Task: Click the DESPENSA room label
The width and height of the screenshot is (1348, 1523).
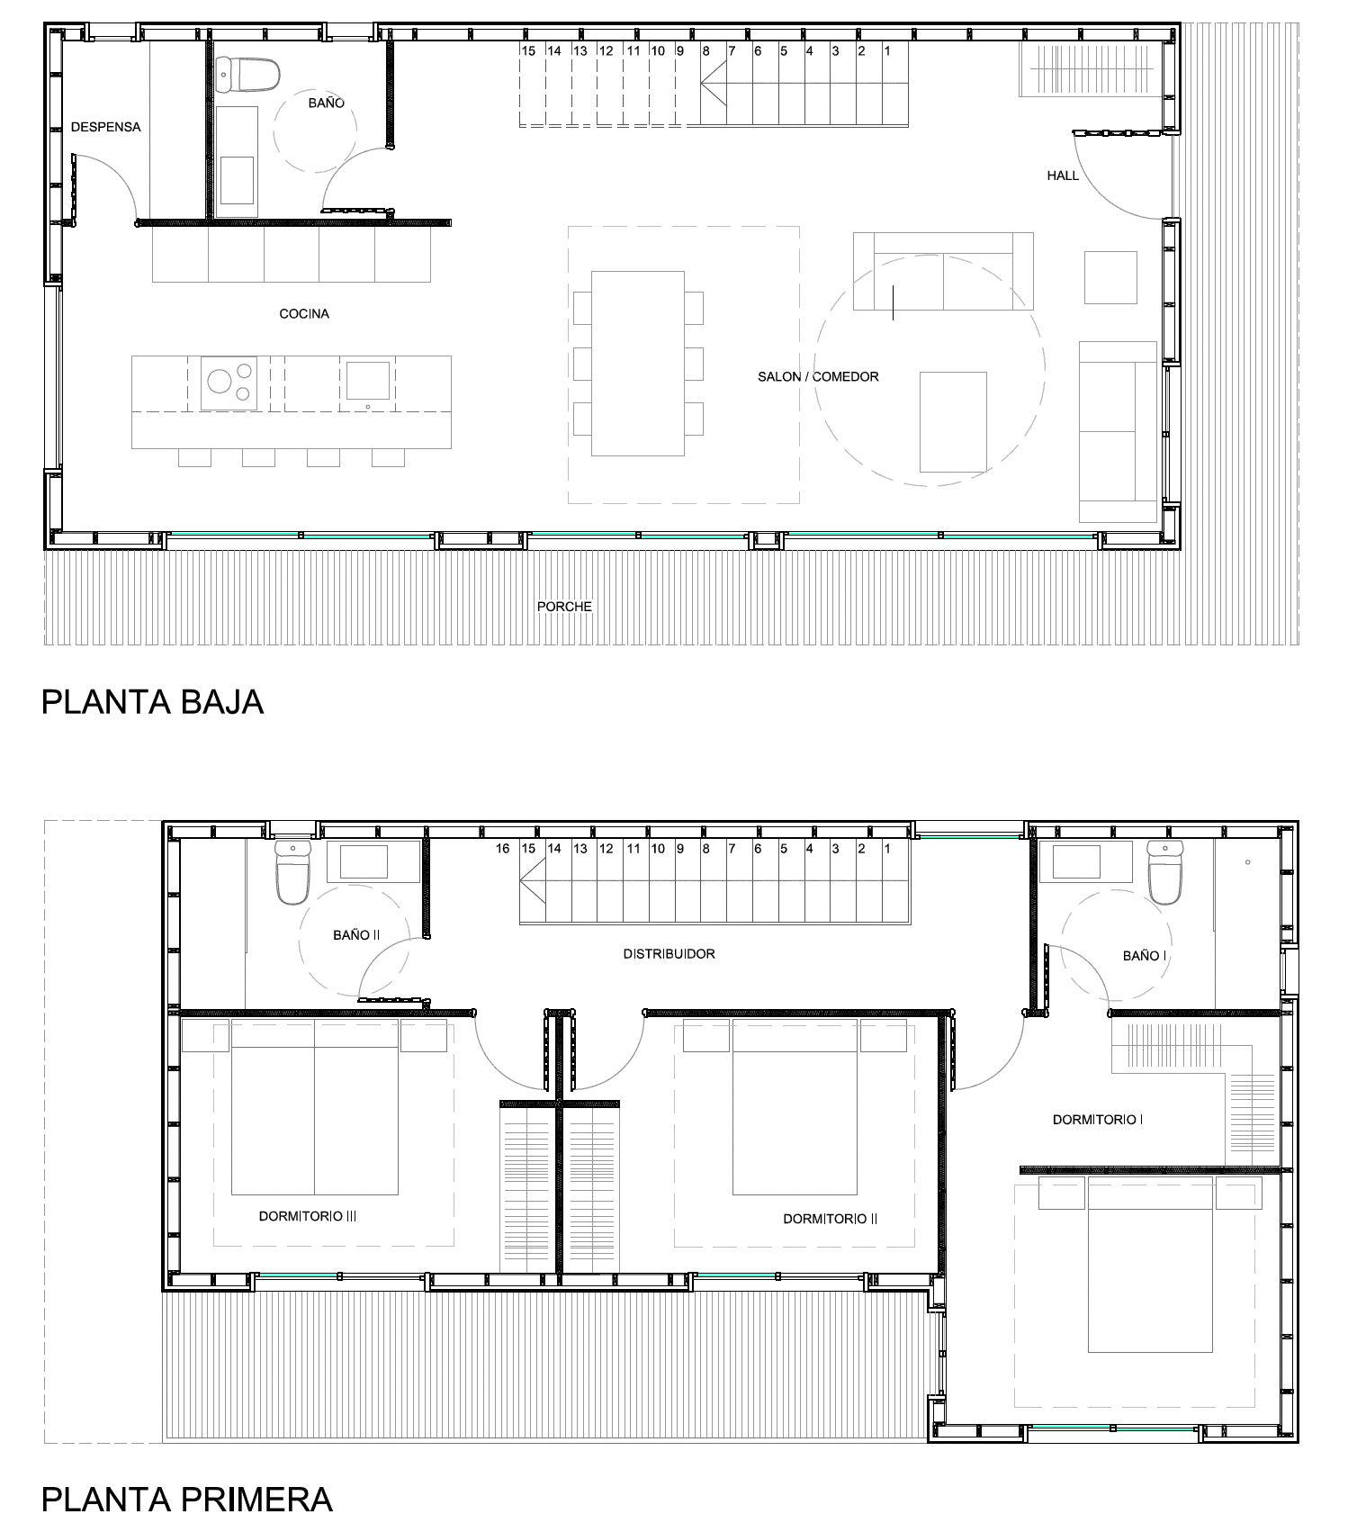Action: [105, 127]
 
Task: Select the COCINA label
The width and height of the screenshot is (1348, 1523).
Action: [304, 314]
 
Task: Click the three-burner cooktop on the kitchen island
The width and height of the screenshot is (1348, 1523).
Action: [229, 383]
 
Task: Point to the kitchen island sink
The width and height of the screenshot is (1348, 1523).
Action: [368, 381]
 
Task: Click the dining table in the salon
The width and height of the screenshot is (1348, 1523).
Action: [638, 363]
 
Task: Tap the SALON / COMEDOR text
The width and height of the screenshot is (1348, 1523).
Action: [817, 377]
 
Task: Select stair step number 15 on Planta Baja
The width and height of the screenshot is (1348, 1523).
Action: [528, 51]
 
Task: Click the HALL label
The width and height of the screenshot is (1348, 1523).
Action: [1062, 176]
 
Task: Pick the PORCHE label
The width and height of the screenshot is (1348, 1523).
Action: [564, 607]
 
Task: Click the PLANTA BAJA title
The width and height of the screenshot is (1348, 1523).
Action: [152, 702]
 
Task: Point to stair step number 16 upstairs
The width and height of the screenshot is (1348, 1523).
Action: [503, 849]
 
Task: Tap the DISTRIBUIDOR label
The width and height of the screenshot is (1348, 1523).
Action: [669, 954]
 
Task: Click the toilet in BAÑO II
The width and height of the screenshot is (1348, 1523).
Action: [292, 874]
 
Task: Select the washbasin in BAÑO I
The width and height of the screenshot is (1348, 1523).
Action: [1075, 861]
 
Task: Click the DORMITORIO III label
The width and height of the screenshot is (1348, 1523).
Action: [308, 1216]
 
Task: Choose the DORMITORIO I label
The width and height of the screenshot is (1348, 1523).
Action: [1097, 1120]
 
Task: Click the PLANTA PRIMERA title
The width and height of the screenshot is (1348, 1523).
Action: [186, 1500]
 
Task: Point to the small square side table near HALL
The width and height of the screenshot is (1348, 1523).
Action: [1110, 277]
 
